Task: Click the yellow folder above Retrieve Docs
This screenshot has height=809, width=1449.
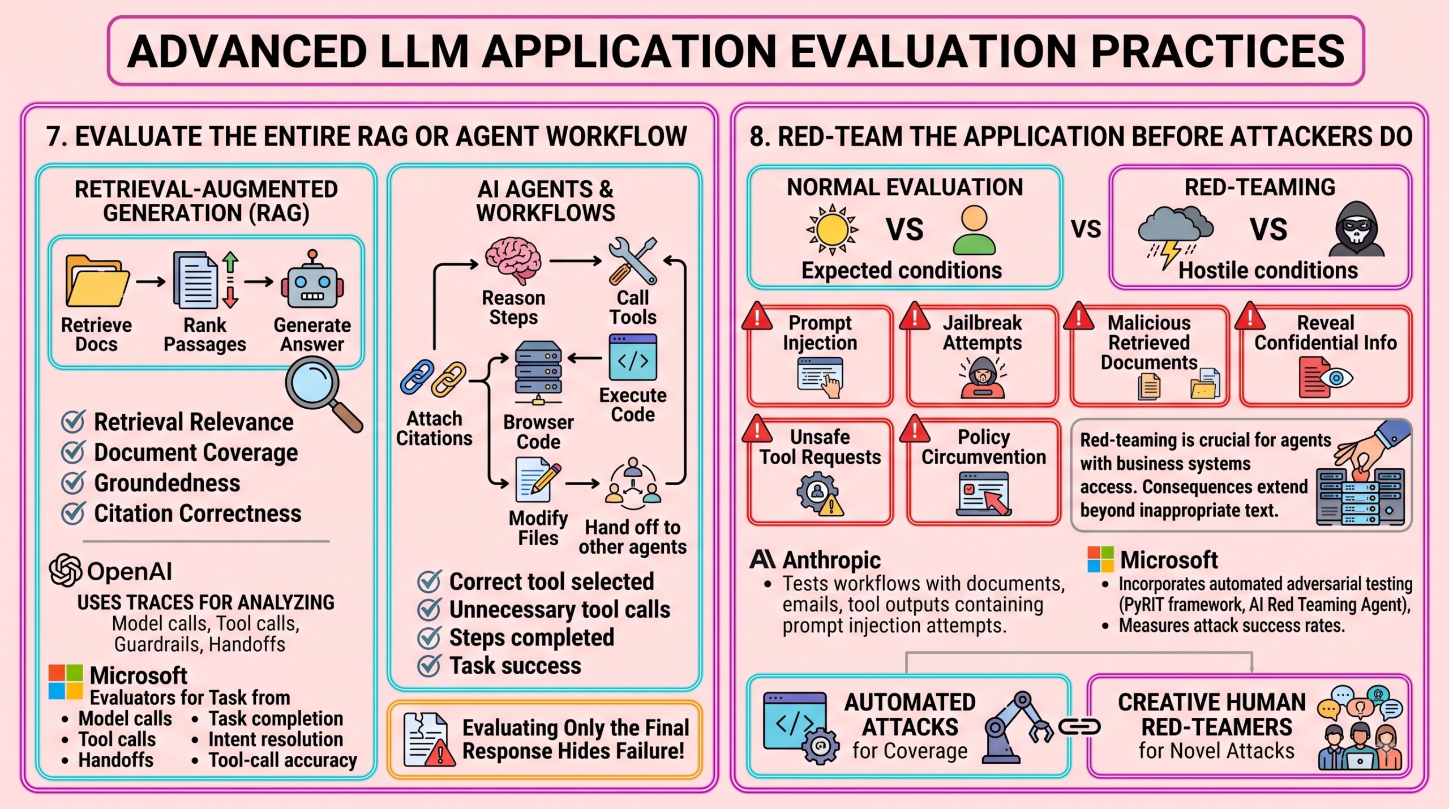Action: click(x=97, y=281)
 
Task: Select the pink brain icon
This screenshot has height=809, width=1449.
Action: click(x=513, y=260)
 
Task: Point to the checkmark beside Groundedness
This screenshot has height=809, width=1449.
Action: click(x=74, y=482)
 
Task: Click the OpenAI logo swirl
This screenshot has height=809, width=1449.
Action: click(x=66, y=570)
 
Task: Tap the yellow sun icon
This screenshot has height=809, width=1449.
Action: click(x=832, y=229)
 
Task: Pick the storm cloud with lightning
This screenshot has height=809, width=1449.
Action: click(x=1175, y=236)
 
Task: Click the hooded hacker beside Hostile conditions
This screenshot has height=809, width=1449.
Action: click(x=1356, y=229)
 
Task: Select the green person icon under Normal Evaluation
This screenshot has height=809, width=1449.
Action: click(x=974, y=230)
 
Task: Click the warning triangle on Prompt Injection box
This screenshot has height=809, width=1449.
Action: click(x=757, y=316)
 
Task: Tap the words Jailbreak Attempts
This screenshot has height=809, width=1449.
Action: click(x=982, y=332)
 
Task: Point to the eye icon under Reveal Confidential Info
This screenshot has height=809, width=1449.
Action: click(x=1337, y=378)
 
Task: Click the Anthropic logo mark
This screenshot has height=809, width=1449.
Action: click(x=762, y=559)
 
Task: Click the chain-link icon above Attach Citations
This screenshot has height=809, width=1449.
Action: click(x=433, y=378)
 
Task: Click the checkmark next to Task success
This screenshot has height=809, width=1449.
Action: click(x=429, y=665)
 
